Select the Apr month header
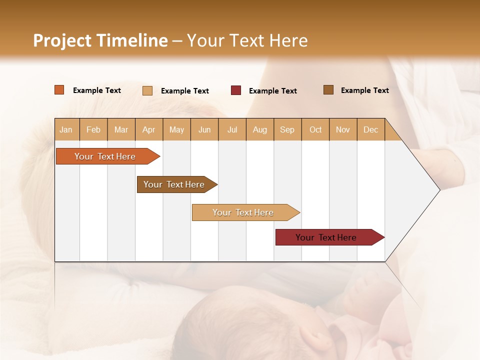coord(149,129)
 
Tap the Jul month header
coord(232,129)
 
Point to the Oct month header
coord(315,129)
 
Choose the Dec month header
coord(371,129)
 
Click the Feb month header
coord(93,129)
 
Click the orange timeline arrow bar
coord(108,156)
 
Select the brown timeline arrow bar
coord(177,184)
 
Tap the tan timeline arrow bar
coord(246,212)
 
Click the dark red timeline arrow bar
coord(330,237)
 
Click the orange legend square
coord(59,89)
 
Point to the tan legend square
coord(147,90)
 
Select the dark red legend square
coord(235,90)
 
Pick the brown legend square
coord(328,89)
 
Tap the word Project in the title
coord(62,40)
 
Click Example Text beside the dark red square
coord(273,91)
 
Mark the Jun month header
coord(204,129)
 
